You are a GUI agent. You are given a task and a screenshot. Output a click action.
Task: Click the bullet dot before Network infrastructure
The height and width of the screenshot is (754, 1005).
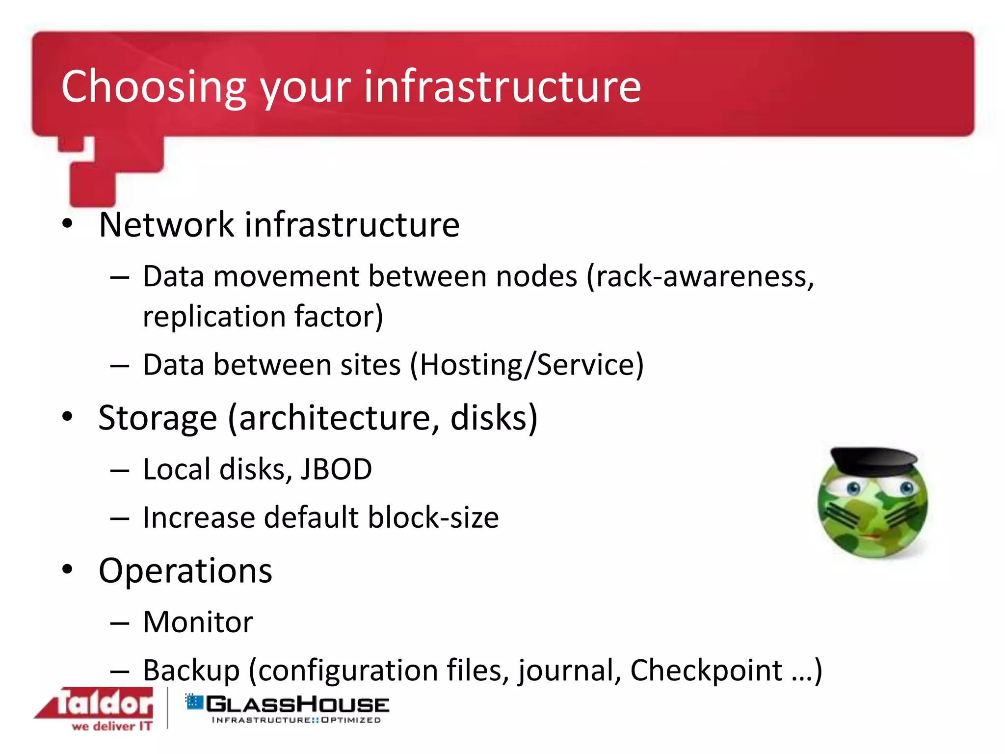[67, 224]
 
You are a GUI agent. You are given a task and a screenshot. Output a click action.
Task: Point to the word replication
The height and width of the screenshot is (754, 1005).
[214, 317]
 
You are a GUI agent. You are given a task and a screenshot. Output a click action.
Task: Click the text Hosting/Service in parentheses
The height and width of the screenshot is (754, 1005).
[527, 365]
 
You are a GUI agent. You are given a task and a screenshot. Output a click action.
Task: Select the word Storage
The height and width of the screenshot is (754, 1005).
[158, 418]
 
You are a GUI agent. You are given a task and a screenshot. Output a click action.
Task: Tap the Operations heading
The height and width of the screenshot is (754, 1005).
[185, 571]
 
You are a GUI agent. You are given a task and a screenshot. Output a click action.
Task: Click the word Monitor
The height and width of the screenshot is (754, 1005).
[198, 622]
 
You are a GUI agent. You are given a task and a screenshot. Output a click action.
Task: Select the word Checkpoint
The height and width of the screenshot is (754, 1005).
[706, 670]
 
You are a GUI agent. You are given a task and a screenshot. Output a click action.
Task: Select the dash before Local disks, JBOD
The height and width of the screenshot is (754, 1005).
[120, 470]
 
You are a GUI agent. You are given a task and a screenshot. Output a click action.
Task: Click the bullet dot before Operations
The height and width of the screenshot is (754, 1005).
[67, 570]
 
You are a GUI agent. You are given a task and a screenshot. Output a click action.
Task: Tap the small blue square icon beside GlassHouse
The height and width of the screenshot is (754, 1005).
[194, 701]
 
